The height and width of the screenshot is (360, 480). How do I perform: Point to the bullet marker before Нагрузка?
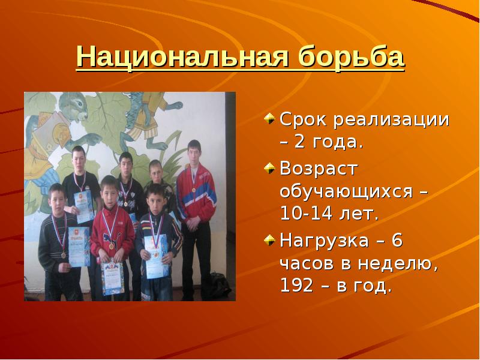point(271,240)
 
